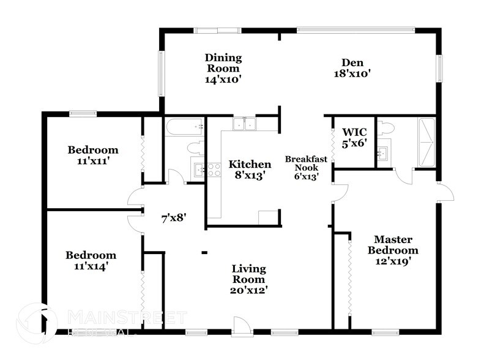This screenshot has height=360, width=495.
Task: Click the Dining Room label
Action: click(223, 68)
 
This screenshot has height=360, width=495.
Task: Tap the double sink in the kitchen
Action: click(245, 124)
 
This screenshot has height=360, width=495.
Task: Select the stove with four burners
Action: click(214, 170)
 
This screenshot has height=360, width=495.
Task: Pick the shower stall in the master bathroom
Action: click(426, 142)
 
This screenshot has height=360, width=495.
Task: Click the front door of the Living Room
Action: click(242, 326)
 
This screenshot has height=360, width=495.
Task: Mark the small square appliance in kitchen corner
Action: click(267, 218)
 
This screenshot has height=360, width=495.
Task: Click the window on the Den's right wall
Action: click(438, 68)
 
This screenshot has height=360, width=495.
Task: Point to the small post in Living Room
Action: click(205, 251)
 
